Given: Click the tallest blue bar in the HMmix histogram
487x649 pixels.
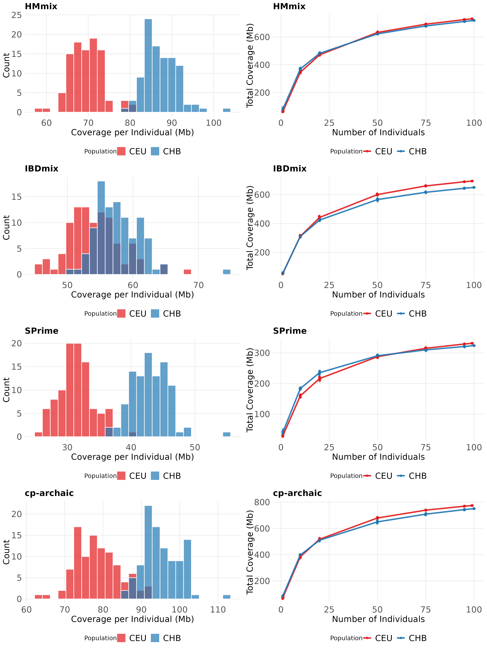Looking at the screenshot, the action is tap(148, 65).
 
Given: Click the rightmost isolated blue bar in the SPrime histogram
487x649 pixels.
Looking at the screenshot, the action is tap(227, 435).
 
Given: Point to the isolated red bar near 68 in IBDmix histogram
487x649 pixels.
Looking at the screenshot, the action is tap(187, 272).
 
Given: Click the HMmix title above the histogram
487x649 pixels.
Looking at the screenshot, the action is tap(41, 6).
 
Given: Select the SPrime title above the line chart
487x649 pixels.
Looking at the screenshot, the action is tap(290, 331).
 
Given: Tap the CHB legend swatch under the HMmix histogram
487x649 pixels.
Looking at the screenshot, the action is tap(155, 151).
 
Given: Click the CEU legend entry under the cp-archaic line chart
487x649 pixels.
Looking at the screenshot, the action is tap(378, 638).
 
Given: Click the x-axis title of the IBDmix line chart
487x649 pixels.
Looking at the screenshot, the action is tap(378, 295).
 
